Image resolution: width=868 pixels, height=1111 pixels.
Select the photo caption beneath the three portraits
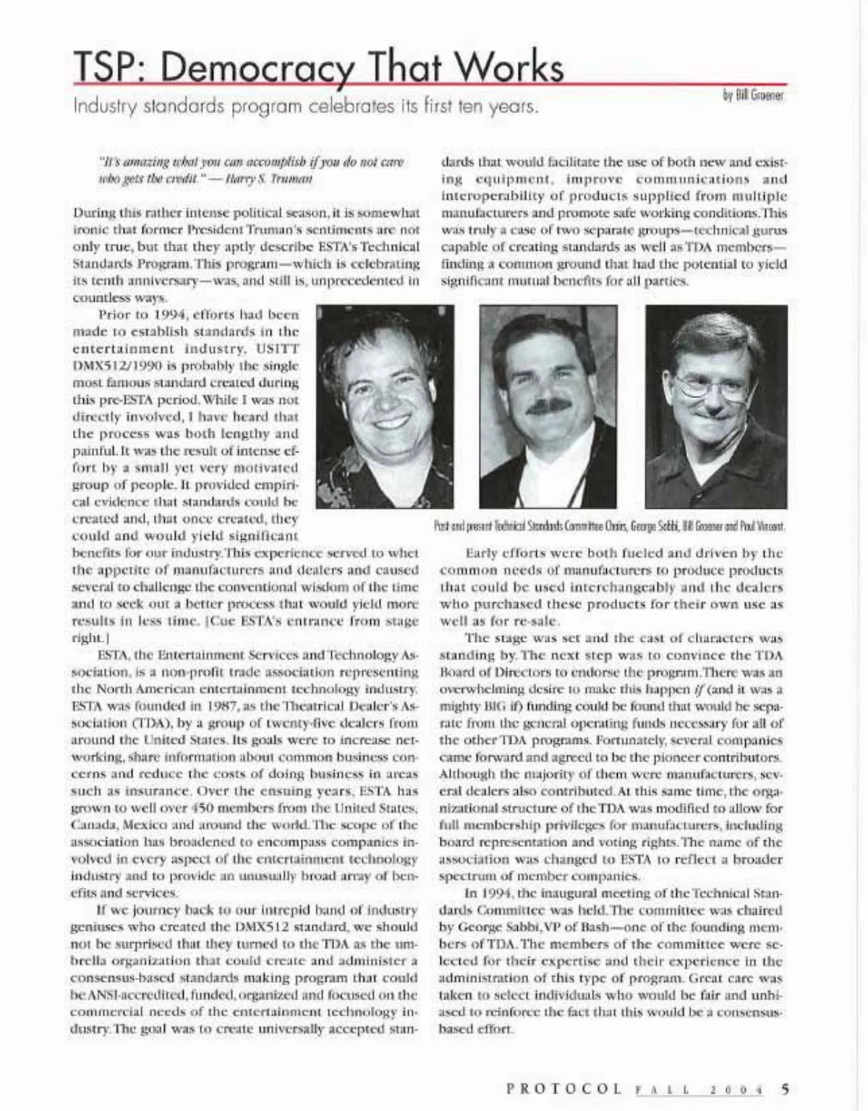609,525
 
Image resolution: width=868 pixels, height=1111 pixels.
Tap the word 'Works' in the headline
514,71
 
